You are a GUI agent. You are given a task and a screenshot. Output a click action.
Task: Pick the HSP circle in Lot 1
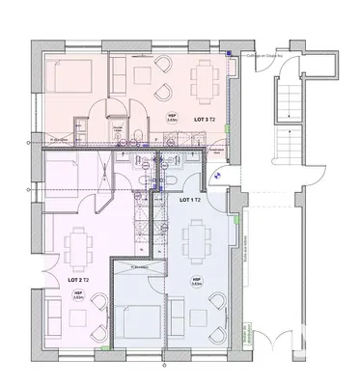(x=196, y=283)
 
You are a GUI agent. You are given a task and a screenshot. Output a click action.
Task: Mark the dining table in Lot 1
(x=198, y=235)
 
